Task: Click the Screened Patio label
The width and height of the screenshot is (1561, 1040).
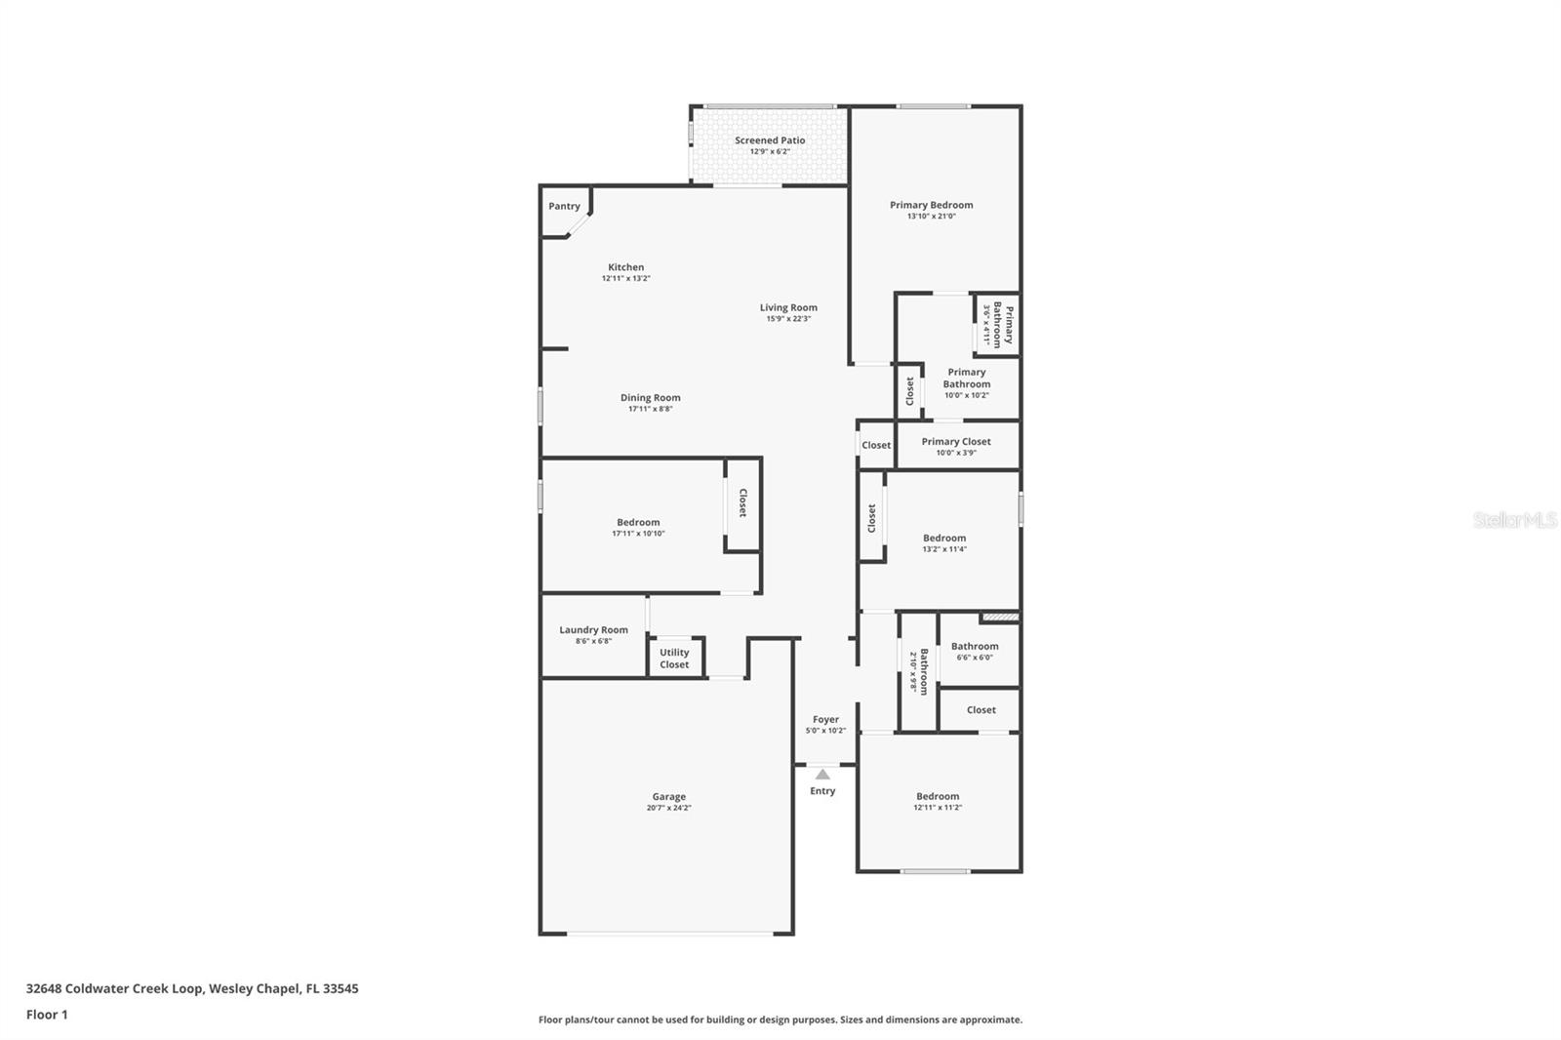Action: [770, 140]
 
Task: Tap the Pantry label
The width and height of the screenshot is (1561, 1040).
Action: [564, 206]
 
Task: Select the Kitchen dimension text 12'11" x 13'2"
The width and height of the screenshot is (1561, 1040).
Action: [625, 279]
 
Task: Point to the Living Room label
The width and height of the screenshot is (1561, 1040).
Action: [788, 307]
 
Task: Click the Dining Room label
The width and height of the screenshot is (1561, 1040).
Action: [650, 397]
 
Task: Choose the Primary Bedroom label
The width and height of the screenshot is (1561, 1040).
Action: [931, 205]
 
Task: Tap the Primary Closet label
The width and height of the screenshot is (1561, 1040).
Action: [955, 441]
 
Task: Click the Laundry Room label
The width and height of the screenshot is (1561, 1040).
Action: [593, 629]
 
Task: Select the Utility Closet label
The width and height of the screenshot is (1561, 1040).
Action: [674, 659]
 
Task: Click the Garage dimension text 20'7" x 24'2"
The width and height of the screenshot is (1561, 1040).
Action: [668, 809]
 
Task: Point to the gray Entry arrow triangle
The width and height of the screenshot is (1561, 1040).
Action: [822, 774]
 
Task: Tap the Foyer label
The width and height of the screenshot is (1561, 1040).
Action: [825, 719]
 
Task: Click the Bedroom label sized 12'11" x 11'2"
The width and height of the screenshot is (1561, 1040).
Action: [937, 796]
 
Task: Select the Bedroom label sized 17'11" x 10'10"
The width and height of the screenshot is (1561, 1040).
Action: [638, 522]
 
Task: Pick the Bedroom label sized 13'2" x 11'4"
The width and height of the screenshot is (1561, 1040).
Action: [944, 538]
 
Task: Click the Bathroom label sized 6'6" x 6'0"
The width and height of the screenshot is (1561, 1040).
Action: [975, 646]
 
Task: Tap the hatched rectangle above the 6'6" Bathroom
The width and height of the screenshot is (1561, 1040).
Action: [999, 617]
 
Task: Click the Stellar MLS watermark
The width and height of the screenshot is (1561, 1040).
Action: [1514, 520]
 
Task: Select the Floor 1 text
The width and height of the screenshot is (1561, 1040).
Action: [47, 1015]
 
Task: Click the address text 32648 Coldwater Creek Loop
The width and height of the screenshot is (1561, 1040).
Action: [115, 988]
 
